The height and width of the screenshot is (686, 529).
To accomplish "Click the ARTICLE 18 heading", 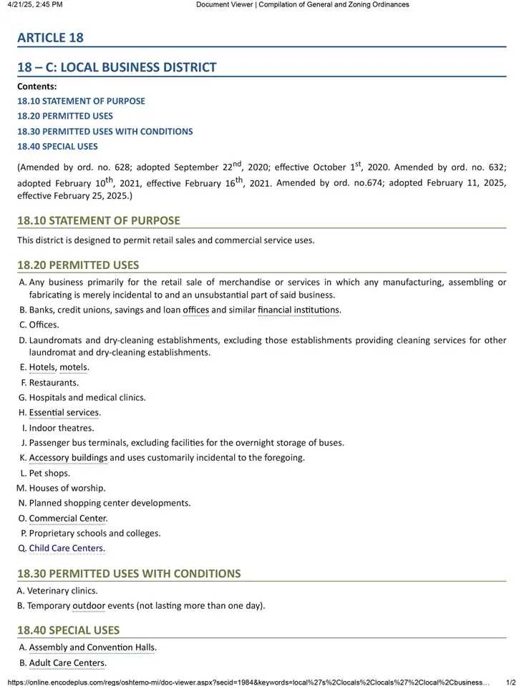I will [50, 37].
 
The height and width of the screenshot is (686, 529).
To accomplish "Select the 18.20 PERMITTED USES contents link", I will [65, 116].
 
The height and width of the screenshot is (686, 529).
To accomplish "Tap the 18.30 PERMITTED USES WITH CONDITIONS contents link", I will [105, 132].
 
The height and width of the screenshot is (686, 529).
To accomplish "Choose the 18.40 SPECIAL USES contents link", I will [57, 147].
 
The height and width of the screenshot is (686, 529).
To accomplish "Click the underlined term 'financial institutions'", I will [299, 310].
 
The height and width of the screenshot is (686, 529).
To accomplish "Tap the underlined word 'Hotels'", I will [42, 367].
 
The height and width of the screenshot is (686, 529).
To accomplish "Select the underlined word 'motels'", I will [73, 367].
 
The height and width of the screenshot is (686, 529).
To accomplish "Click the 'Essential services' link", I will [64, 413].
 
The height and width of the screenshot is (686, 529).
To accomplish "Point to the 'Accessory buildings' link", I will [68, 458].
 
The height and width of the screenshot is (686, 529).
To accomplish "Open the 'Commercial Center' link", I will [67, 518].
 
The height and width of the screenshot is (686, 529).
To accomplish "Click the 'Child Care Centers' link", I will [66, 549].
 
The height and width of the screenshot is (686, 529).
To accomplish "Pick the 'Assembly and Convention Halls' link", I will [92, 647].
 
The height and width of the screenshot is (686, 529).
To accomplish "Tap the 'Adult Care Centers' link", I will [67, 663].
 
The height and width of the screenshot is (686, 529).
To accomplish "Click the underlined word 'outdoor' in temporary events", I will [89, 606].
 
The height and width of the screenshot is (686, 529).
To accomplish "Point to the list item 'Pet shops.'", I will [49, 473].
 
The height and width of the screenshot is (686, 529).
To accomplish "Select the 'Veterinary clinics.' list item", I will [62, 591].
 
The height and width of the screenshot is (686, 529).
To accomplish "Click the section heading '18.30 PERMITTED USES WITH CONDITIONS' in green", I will [129, 574].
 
